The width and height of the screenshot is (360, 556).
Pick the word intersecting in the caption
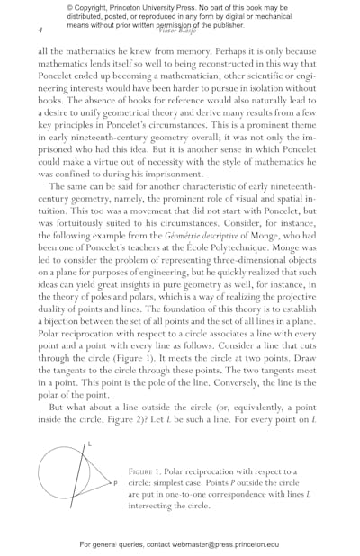coord(157,506)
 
